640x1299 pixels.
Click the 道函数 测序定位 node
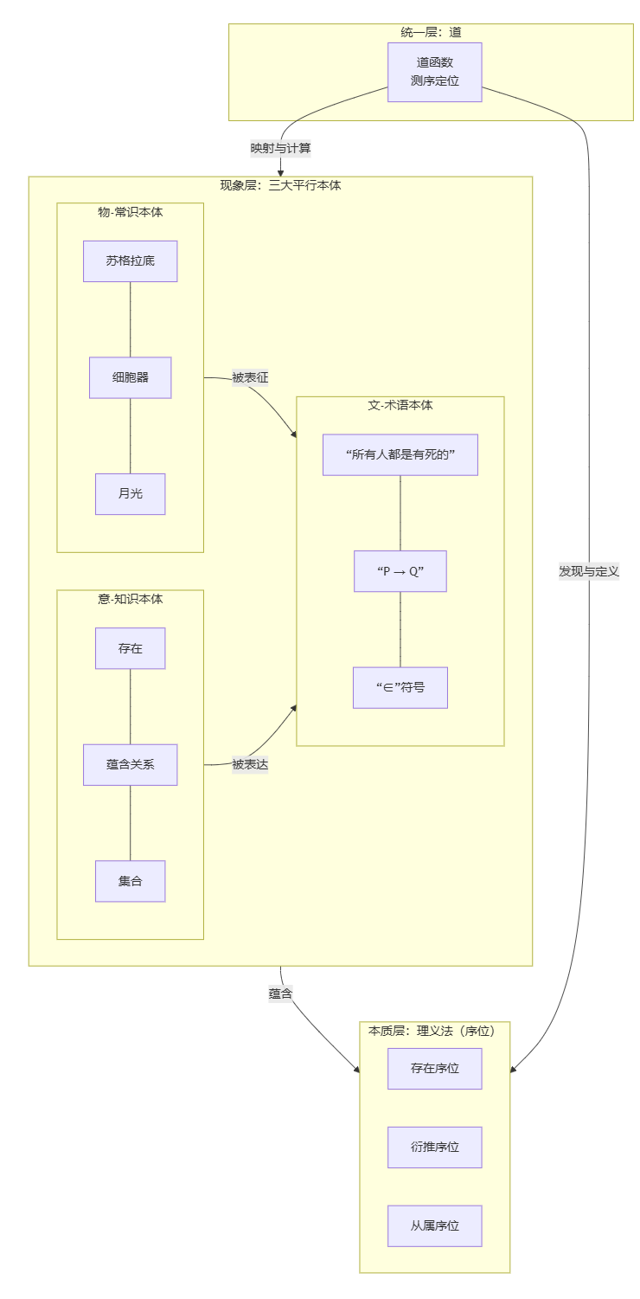(x=434, y=72)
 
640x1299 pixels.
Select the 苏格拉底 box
(x=130, y=260)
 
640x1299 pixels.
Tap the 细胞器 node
(x=130, y=377)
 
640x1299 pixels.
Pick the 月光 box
(x=130, y=493)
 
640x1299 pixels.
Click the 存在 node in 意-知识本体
(x=130, y=648)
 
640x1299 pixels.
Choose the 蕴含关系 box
(x=130, y=764)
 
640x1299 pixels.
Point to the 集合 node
(x=130, y=881)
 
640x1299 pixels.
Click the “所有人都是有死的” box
(x=400, y=454)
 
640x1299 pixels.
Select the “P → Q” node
(x=400, y=571)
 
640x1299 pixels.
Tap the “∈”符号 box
(x=400, y=687)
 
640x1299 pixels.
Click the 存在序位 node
(x=434, y=1068)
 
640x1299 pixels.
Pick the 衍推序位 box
(x=434, y=1147)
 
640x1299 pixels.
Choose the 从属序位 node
(x=434, y=1225)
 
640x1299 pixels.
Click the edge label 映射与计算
(x=281, y=148)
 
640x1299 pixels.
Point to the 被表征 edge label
(x=250, y=377)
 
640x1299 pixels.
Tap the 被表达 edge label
(x=250, y=764)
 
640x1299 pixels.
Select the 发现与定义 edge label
(x=589, y=571)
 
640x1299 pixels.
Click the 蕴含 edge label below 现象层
(x=280, y=994)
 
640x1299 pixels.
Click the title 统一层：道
(x=431, y=32)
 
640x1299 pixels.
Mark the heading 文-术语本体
(x=400, y=405)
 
